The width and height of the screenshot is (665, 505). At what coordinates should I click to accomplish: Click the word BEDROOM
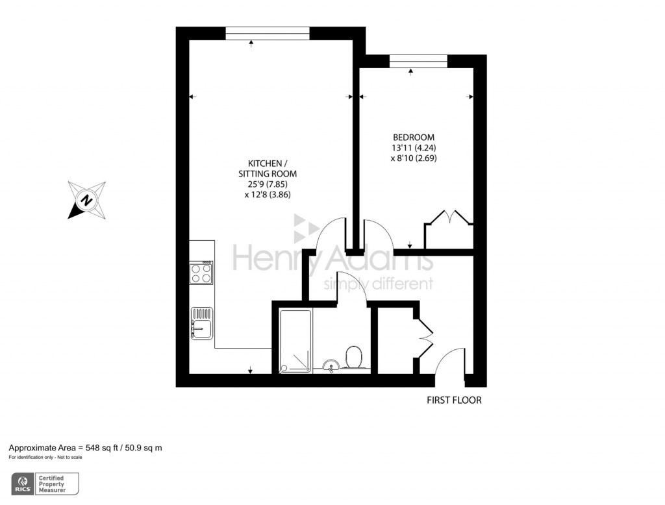414,138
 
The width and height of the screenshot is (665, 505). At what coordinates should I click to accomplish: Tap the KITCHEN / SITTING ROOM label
268,168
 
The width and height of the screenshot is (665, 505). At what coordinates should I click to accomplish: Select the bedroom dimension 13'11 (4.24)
414,147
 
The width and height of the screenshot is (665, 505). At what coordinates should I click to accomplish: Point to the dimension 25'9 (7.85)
268,184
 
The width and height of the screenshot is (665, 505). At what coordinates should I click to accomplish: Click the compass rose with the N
86,199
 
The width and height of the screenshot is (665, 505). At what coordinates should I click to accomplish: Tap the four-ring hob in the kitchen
201,273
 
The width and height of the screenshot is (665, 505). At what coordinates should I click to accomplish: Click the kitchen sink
201,323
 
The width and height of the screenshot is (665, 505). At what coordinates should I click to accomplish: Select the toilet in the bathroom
354,356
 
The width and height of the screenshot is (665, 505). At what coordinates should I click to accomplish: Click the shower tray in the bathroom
296,341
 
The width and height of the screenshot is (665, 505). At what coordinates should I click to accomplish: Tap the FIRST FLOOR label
454,400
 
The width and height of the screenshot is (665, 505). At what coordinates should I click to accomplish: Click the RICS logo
23,484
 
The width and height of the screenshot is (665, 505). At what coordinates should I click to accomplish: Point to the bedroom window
418,62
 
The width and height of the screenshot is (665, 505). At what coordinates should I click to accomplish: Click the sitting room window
268,33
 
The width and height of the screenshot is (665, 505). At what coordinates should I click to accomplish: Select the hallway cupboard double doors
424,338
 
